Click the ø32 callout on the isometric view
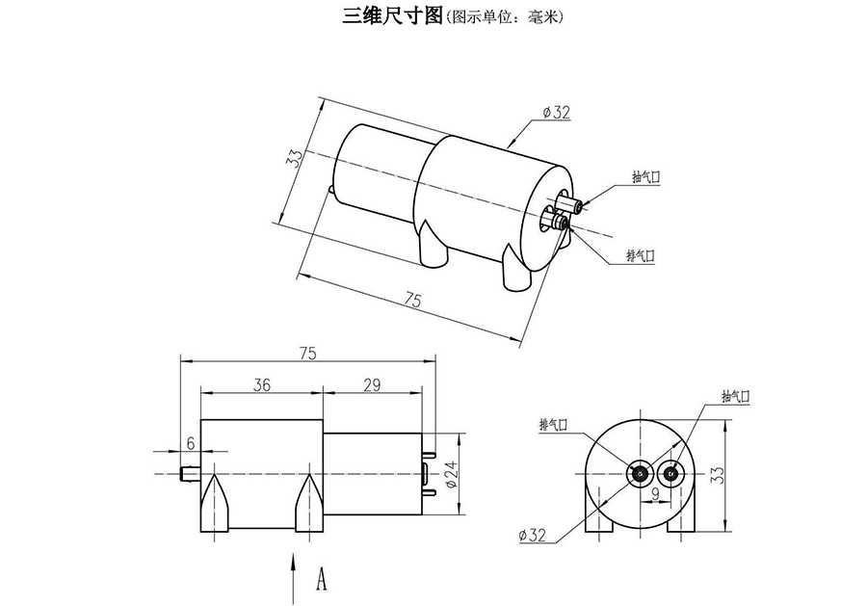click(x=558, y=113)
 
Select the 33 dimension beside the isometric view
click(x=294, y=158)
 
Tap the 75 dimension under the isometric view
click(x=412, y=302)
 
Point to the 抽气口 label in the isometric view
click(x=645, y=177)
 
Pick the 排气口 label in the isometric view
click(x=641, y=255)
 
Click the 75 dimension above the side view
click(x=307, y=353)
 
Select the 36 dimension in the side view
click(x=261, y=384)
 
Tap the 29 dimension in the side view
click(x=373, y=384)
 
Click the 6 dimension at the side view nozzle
click(x=190, y=443)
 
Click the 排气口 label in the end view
click(x=555, y=424)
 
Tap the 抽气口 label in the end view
click(x=734, y=396)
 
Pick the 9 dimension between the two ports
click(x=655, y=495)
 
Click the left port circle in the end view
click(x=641, y=473)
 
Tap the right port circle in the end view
click(x=671, y=473)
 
